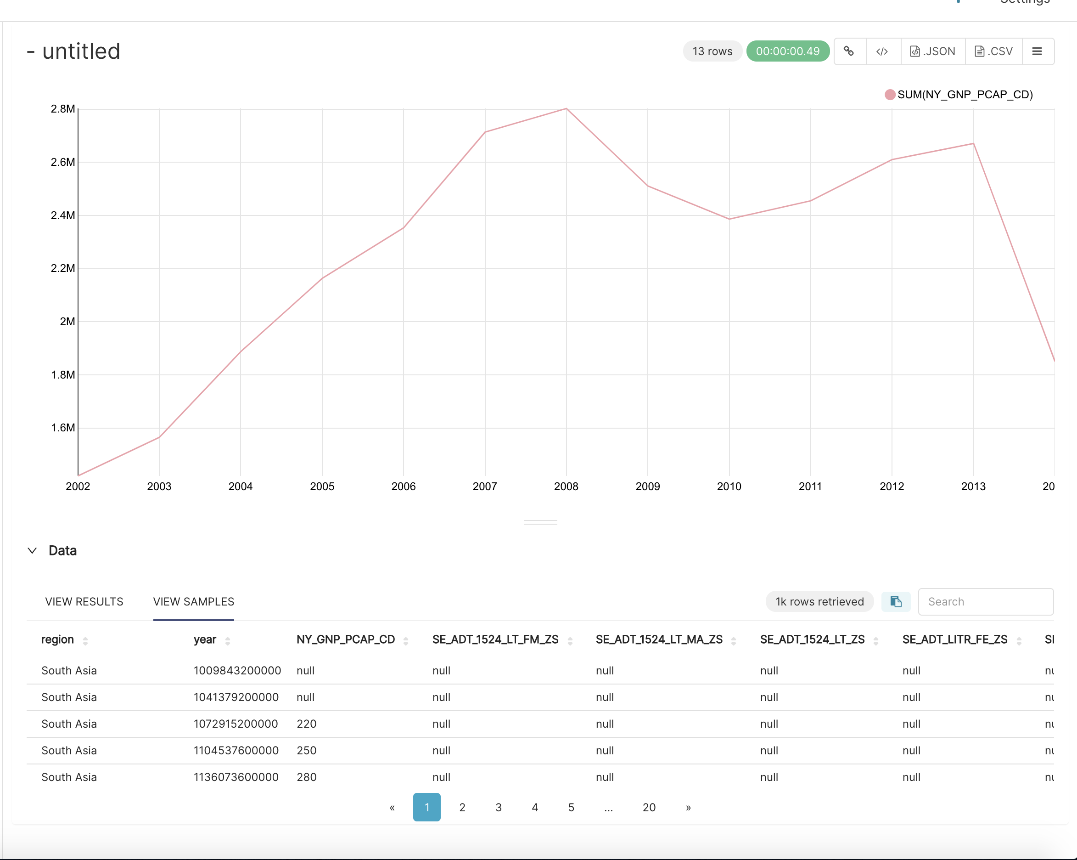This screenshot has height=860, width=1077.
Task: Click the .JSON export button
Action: (933, 51)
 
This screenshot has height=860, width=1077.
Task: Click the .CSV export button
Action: (993, 51)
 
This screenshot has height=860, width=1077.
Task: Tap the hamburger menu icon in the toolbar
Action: (1037, 51)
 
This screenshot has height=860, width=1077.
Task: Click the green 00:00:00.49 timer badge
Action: (787, 51)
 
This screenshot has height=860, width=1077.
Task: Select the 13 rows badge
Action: (712, 51)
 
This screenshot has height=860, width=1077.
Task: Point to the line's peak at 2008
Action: (566, 108)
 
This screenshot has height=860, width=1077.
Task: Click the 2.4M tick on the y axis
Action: (63, 215)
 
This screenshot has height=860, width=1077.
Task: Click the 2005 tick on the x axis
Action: (322, 486)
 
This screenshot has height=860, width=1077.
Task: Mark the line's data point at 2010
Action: (729, 219)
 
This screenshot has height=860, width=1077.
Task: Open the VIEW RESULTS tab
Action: (84, 601)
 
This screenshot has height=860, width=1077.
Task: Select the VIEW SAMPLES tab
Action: (193, 601)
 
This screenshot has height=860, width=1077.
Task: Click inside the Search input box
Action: (985, 601)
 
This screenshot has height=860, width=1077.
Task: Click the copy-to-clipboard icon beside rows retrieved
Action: (895, 601)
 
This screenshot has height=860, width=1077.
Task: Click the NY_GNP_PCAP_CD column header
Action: (346, 639)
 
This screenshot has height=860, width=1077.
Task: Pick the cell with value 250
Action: (306, 751)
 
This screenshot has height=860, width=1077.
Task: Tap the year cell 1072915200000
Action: (236, 724)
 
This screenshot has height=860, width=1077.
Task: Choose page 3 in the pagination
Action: (498, 807)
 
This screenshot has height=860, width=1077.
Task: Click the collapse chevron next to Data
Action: (32, 550)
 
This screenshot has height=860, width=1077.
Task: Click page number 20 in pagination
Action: (648, 807)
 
